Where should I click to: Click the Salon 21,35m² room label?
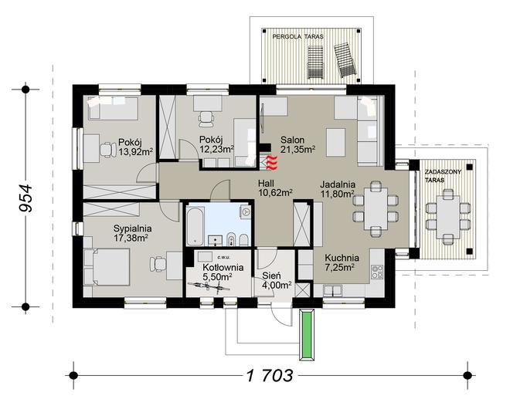pyautogui.click(x=297, y=144)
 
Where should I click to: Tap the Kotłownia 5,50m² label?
pyautogui.click(x=223, y=272)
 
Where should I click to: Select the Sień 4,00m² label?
pyautogui.click(x=277, y=280)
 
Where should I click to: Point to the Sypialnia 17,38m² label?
pyautogui.click(x=132, y=233)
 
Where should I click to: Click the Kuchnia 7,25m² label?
pyautogui.click(x=342, y=262)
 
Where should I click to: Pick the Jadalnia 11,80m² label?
pyautogui.click(x=338, y=189)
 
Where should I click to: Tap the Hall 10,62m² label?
pyautogui.click(x=275, y=188)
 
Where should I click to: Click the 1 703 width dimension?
pyautogui.click(x=270, y=376)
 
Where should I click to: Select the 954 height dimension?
pyautogui.click(x=25, y=198)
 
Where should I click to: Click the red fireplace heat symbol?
pyautogui.click(x=271, y=163)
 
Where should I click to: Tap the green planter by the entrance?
pyautogui.click(x=307, y=334)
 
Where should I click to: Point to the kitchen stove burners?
pyautogui.click(x=377, y=272)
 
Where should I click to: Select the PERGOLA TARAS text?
pyautogui.click(x=298, y=37)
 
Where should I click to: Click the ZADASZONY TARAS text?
pyautogui.click(x=443, y=176)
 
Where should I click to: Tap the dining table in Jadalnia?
pyautogui.click(x=376, y=209)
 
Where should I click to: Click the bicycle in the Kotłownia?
pyautogui.click(x=209, y=286)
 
